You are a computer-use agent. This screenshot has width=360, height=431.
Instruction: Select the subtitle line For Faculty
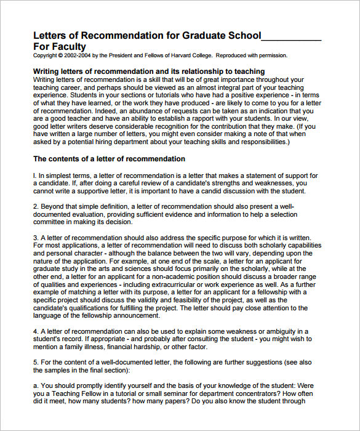point(60,46)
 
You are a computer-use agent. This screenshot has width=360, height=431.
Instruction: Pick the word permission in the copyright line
point(273,55)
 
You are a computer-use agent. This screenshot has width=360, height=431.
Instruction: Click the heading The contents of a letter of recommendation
point(108,159)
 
